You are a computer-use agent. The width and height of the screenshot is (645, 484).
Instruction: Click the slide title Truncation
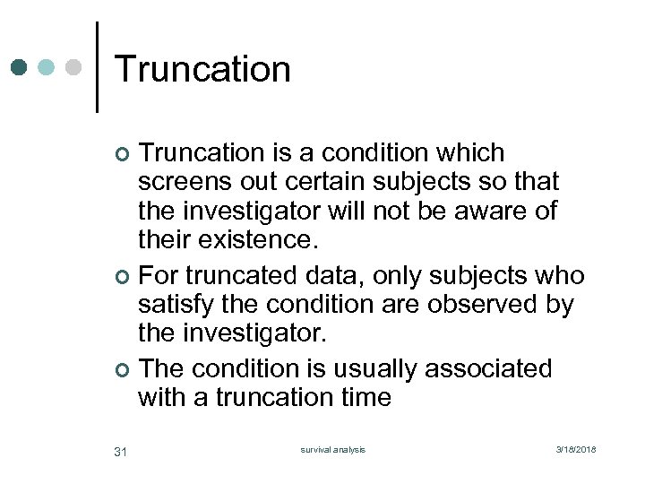(x=202, y=69)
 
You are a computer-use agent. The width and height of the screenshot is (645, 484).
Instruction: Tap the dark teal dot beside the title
(x=20, y=67)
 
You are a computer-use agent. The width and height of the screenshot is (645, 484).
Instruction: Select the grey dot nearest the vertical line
(x=73, y=67)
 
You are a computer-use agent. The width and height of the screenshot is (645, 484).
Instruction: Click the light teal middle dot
(x=47, y=67)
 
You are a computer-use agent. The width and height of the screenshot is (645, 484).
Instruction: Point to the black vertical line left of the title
(x=96, y=67)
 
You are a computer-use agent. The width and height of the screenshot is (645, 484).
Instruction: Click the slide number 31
(x=121, y=450)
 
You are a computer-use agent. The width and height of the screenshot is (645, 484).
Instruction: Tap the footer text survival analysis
(x=332, y=449)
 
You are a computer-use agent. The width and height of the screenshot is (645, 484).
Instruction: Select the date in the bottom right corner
(x=575, y=449)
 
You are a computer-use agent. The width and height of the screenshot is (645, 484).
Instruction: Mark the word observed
(x=482, y=305)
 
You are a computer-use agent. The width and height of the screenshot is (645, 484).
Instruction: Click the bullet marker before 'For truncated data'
(x=123, y=277)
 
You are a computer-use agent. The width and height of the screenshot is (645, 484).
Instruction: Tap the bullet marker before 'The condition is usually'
(x=123, y=370)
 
